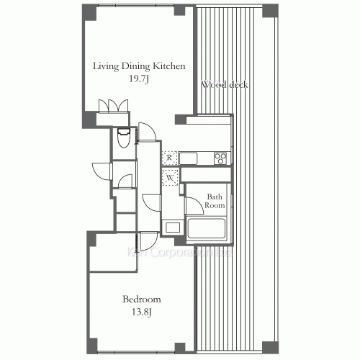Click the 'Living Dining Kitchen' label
click(x=139, y=66)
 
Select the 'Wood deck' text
click(x=225, y=85)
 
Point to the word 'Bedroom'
click(x=141, y=300)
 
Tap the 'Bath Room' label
click(x=215, y=201)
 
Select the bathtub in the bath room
click(x=207, y=230)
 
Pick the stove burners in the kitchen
click(x=220, y=158)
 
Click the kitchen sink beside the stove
click(x=189, y=158)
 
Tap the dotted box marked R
click(x=170, y=157)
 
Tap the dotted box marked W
click(x=170, y=176)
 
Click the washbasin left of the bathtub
click(x=173, y=228)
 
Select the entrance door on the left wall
click(x=102, y=171)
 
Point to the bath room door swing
click(x=193, y=204)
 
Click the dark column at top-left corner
click(x=86, y=12)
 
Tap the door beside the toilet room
click(x=146, y=132)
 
